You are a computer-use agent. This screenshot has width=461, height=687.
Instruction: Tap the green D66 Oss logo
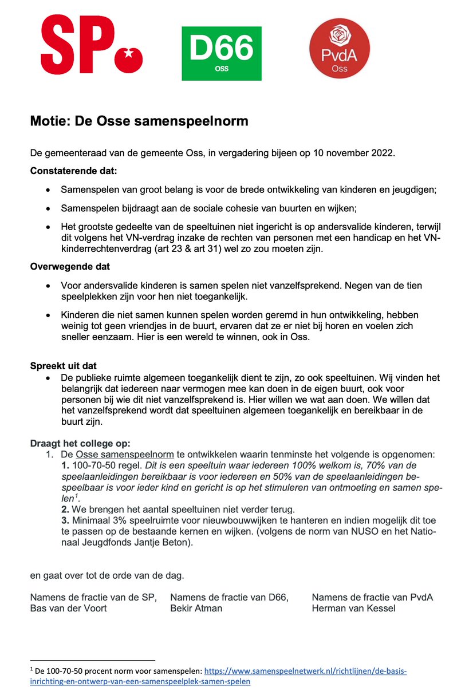click(222, 53)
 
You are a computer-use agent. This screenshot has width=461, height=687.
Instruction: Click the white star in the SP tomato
click(130, 57)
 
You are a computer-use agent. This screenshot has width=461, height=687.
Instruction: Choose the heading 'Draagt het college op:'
click(80, 443)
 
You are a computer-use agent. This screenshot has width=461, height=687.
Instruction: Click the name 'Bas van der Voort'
click(68, 608)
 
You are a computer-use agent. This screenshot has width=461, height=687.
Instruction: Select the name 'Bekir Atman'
click(196, 608)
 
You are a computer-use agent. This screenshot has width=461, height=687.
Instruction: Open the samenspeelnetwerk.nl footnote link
click(305, 670)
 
